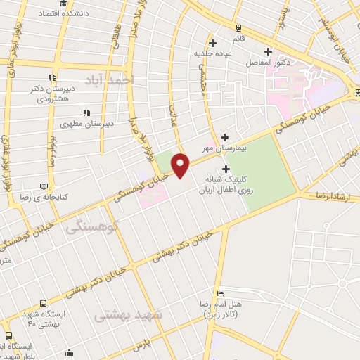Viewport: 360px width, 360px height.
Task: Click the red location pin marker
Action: [181, 166]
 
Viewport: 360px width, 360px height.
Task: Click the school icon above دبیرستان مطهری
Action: [86, 112]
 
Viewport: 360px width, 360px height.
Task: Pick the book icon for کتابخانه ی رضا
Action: [45, 186]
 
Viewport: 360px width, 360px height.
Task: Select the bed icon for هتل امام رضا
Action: [221, 294]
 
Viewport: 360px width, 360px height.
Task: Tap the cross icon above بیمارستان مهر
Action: [224, 137]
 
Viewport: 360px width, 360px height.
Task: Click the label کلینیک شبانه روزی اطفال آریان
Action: [226, 185]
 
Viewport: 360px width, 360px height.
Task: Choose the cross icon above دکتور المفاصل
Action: [267, 51]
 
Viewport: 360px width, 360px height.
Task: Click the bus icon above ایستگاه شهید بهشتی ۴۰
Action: [9, 334]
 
